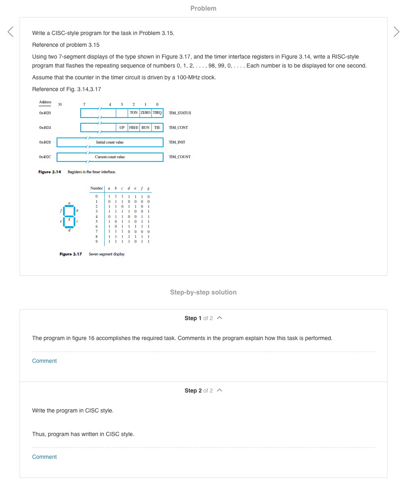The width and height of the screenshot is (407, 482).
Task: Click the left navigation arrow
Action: point(11,32)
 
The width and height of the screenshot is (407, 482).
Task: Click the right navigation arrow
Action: point(396,32)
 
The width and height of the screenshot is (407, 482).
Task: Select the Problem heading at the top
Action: point(203,8)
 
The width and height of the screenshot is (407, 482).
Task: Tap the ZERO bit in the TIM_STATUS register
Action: point(145,113)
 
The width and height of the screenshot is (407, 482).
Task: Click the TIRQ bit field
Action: point(157,113)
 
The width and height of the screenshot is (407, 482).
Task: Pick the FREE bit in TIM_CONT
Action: point(133,128)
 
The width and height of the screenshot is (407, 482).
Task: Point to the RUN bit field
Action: point(145,128)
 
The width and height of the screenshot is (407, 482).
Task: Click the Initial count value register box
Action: point(110,142)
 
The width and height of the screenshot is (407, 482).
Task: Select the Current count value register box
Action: point(110,157)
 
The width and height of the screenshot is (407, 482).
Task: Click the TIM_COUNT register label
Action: point(179,157)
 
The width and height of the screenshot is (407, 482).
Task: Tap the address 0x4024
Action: point(45,128)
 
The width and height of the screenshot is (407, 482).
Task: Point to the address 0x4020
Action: point(45,113)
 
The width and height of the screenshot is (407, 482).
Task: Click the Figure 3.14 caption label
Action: point(50,172)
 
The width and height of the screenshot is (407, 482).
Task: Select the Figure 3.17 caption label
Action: point(71,254)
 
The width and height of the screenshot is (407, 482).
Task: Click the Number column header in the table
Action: point(96,188)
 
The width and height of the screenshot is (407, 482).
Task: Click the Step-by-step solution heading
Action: point(203,292)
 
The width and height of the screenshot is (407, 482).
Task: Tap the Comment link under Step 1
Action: point(44,361)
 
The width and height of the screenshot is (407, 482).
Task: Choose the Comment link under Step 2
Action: point(44,457)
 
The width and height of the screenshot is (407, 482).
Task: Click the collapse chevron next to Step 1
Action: point(220,318)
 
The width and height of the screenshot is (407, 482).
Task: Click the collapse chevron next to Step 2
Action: point(220,390)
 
